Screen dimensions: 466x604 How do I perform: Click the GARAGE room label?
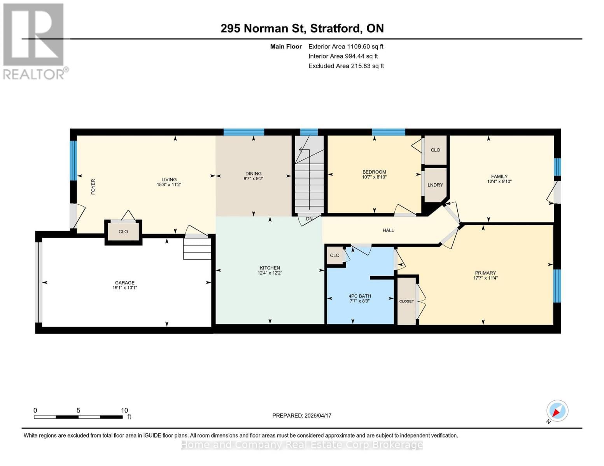(124, 283)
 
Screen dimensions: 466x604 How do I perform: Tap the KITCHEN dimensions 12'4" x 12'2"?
(270, 273)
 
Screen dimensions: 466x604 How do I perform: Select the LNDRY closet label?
(435, 185)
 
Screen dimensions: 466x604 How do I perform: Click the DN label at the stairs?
(309, 219)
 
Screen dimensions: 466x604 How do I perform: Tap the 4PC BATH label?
(359, 296)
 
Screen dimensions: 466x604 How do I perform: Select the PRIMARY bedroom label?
(485, 273)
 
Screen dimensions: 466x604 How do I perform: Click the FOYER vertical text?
(93, 187)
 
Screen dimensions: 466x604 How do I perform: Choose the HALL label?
(388, 230)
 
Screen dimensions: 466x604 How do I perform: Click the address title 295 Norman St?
(302, 28)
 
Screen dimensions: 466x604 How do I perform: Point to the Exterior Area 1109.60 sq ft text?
(346, 47)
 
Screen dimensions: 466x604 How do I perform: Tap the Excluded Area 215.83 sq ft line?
(346, 66)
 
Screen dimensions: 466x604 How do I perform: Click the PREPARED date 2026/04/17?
(302, 416)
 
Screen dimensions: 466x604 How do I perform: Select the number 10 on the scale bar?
(124, 410)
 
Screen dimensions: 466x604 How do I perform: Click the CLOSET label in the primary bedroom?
(406, 301)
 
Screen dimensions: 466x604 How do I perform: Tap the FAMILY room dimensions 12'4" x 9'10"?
(499, 181)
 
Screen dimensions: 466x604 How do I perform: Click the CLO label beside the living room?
(123, 231)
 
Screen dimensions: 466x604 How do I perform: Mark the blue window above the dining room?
(244, 132)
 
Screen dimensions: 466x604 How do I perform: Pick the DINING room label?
(253, 174)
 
